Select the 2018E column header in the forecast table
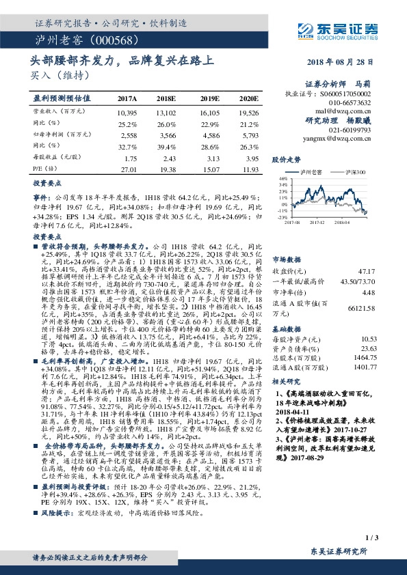click(166, 98)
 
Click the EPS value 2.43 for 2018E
click(167, 157)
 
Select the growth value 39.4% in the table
click(167, 145)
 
